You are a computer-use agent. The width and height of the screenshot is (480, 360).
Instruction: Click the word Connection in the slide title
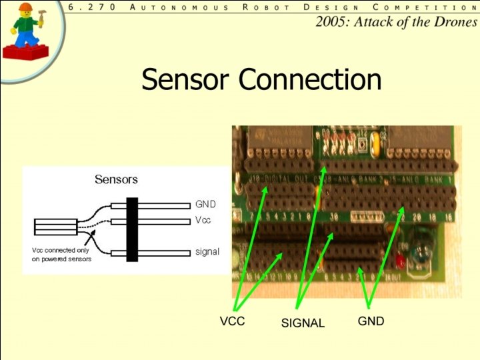[x=310, y=79]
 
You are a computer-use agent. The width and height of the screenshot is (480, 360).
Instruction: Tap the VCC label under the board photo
[x=233, y=321]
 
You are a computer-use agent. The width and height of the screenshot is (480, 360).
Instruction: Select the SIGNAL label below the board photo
[x=303, y=323]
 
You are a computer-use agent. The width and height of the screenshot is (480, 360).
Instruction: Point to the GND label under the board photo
[x=371, y=321]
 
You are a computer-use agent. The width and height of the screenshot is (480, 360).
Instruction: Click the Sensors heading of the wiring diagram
[x=116, y=179]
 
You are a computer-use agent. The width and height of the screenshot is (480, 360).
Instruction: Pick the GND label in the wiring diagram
[x=205, y=204]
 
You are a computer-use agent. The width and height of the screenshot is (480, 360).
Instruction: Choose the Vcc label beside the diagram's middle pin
[x=203, y=220]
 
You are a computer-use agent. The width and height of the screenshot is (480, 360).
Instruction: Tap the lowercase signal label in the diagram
[x=207, y=251]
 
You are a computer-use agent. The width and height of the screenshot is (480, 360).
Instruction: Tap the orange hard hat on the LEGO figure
[x=26, y=8]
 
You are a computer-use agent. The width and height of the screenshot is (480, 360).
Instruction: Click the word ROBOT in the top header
[x=266, y=7]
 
